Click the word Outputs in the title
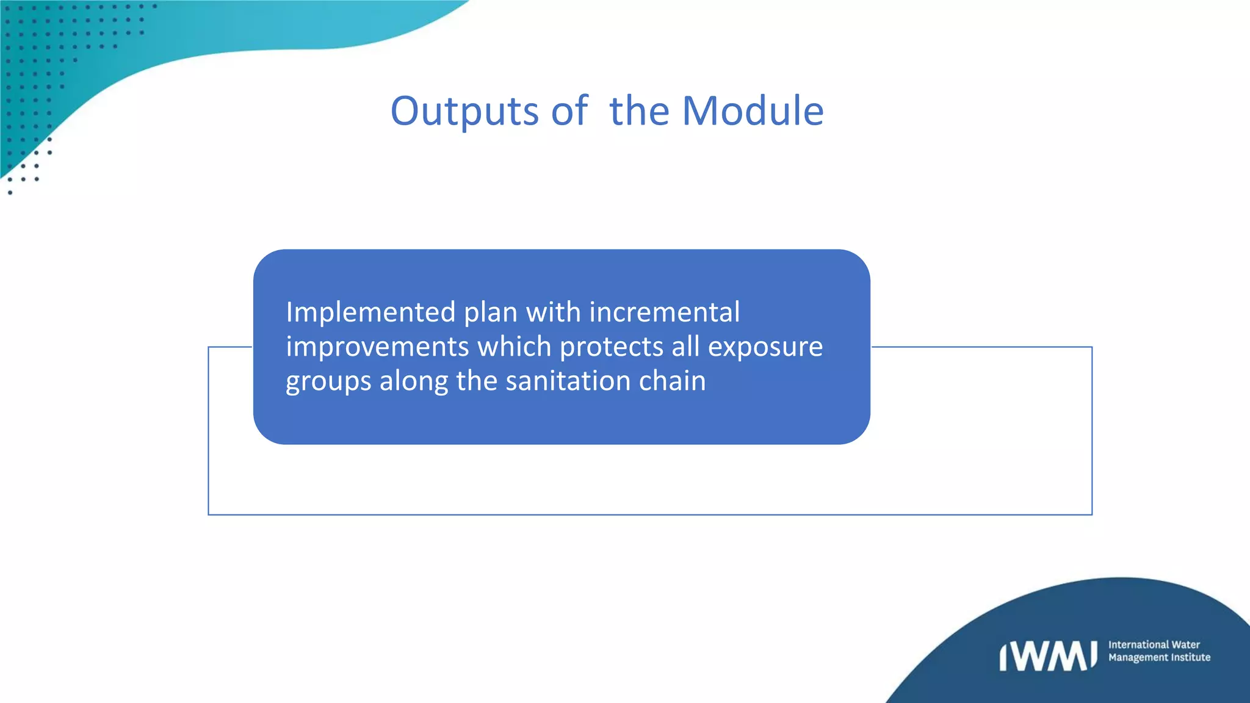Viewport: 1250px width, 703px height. pyautogui.click(x=464, y=112)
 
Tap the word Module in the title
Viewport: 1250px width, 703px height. pyautogui.click(x=753, y=112)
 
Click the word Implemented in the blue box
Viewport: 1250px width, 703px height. pyautogui.click(x=370, y=312)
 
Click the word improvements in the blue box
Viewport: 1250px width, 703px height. pyautogui.click(x=377, y=347)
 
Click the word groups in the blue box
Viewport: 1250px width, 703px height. pyautogui.click(x=328, y=382)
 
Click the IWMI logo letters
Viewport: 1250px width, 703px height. pyautogui.click(x=1047, y=656)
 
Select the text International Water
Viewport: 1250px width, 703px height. pyautogui.click(x=1154, y=644)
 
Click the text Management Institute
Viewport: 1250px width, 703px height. pyautogui.click(x=1159, y=657)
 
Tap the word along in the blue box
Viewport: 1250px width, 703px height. pyautogui.click(x=413, y=382)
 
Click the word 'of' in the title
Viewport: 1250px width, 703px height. pyautogui.click(x=569, y=112)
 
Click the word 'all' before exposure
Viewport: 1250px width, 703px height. pyautogui.click(x=685, y=347)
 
